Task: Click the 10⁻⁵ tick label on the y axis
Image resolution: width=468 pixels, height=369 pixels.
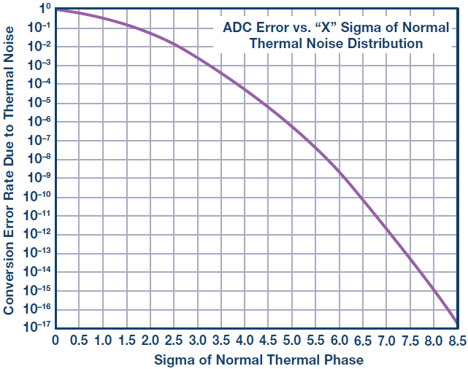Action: point(39,102)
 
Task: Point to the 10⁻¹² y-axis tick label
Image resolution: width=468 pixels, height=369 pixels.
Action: point(37,233)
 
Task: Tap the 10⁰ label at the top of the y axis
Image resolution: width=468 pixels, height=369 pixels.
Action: point(45,9)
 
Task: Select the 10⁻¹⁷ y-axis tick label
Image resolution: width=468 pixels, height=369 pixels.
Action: point(37,327)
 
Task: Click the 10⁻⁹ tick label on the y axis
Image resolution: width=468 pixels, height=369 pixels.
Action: point(39,177)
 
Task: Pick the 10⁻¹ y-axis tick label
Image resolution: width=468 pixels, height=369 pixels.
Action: point(39,28)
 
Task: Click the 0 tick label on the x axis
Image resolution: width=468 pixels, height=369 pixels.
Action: point(55,340)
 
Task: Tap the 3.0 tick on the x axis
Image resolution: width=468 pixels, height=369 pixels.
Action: point(197,340)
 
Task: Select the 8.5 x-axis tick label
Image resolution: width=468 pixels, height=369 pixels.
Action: point(458,340)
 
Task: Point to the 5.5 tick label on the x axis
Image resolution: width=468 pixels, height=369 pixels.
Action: point(315,340)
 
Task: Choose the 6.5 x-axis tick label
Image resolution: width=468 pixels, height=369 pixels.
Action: point(363,340)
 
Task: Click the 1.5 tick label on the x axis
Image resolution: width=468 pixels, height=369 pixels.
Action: point(126,340)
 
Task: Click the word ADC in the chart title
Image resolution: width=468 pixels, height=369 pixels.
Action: point(237,28)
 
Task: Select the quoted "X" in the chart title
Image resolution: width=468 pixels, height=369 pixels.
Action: point(326,27)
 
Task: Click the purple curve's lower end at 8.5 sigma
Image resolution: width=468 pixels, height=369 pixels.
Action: point(456,322)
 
